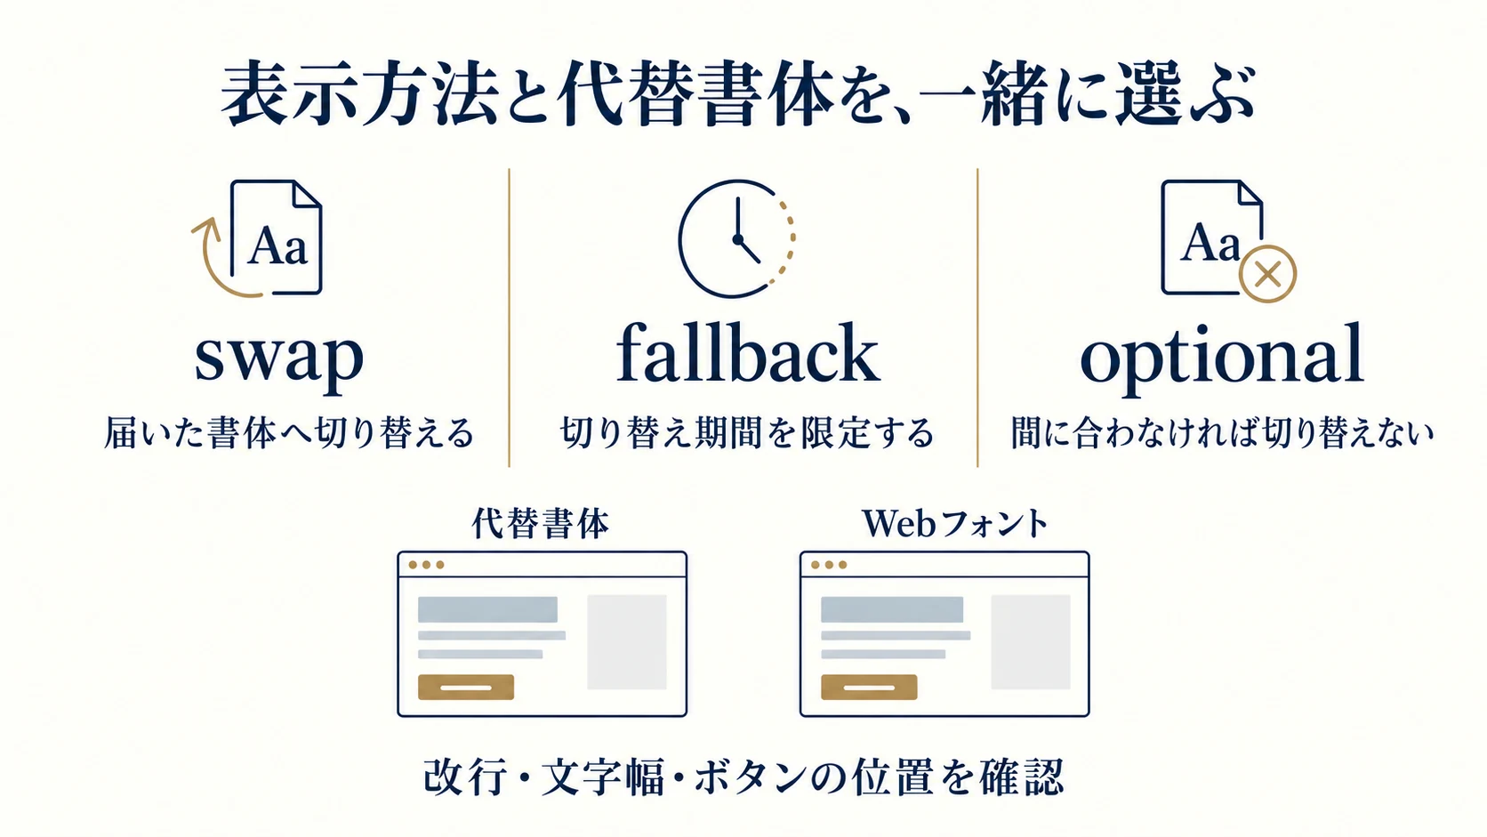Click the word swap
click(x=279, y=358)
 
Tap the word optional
click(x=1221, y=358)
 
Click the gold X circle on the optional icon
click(x=1267, y=274)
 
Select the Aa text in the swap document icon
click(x=277, y=246)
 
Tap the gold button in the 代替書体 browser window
click(x=465, y=687)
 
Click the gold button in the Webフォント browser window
click(x=869, y=687)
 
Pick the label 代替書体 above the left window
click(x=540, y=524)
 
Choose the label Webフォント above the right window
click(x=954, y=524)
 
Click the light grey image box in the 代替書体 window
click(x=627, y=642)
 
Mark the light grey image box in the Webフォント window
click(x=1030, y=642)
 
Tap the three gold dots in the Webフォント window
click(x=829, y=565)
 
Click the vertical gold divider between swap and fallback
click(x=510, y=318)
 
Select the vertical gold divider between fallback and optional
click(x=977, y=318)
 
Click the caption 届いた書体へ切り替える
click(x=289, y=433)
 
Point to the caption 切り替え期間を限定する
click(x=747, y=433)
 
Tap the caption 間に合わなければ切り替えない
click(x=1222, y=433)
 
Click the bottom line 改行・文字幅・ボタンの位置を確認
click(x=743, y=777)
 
